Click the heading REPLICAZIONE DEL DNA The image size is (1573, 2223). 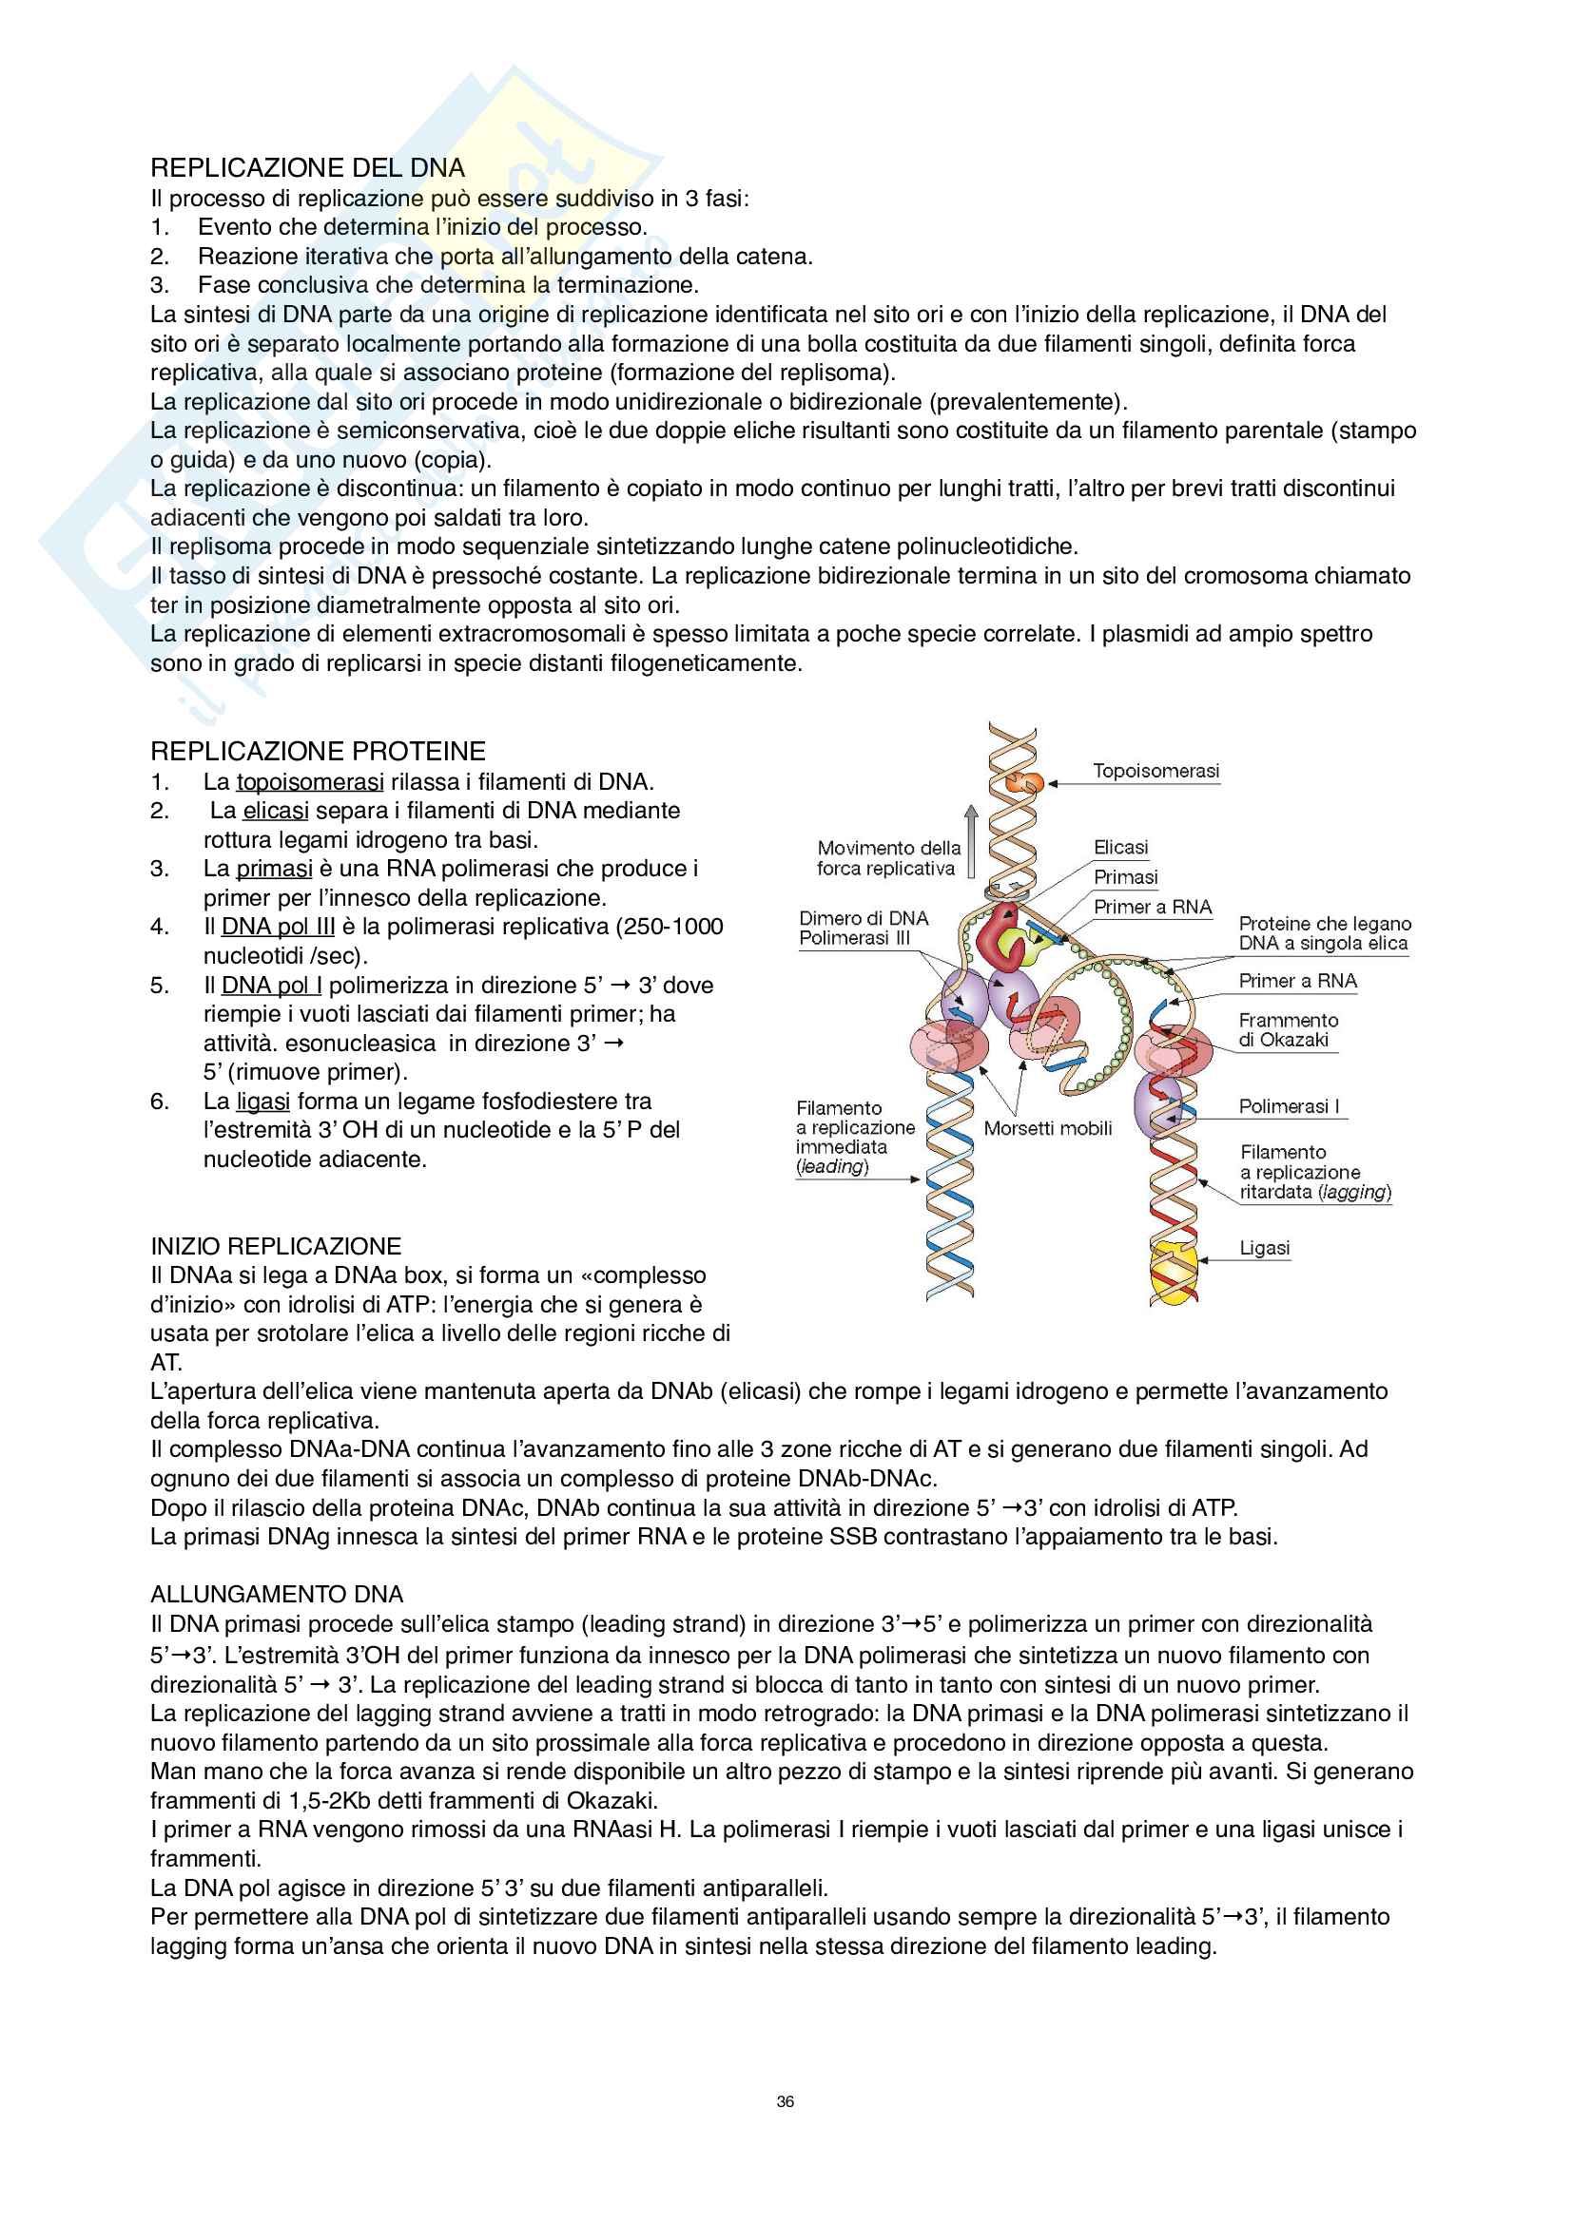click(307, 167)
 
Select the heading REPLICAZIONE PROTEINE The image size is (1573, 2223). click(318, 752)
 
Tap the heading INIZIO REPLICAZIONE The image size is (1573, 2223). click(275, 1246)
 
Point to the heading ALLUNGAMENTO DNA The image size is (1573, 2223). click(276, 1595)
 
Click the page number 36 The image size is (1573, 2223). click(786, 2101)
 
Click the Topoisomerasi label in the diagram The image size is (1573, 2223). click(1155, 772)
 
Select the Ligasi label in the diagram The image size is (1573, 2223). click(1264, 1248)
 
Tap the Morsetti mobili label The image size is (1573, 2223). click(1048, 1128)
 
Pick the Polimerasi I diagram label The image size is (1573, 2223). click(1289, 1106)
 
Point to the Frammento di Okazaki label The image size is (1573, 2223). click(1288, 1030)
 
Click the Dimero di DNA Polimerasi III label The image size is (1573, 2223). click(863, 928)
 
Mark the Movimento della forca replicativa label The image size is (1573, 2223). click(887, 858)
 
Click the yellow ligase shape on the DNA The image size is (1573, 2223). click(1173, 1273)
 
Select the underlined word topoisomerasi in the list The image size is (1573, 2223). click(310, 782)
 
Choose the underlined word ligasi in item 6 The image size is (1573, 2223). click(262, 1102)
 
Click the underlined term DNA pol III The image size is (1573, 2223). click(278, 927)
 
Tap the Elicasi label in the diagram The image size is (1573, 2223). click(1120, 847)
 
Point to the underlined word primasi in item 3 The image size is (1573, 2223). click(274, 869)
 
